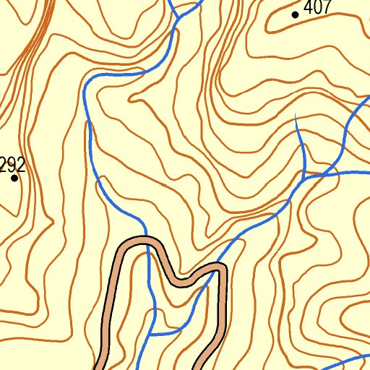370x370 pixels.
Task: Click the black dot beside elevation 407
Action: point(295,14)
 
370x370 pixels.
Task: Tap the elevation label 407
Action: point(319,9)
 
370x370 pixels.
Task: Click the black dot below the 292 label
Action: point(14,178)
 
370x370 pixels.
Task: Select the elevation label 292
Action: point(13,166)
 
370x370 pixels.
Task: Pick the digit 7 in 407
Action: point(327,9)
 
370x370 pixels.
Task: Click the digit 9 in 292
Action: point(13,166)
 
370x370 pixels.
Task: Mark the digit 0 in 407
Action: point(319,9)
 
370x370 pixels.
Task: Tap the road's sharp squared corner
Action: point(223,269)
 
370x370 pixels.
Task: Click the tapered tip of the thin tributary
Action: point(296,116)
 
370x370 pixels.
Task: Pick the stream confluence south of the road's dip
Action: point(153,335)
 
